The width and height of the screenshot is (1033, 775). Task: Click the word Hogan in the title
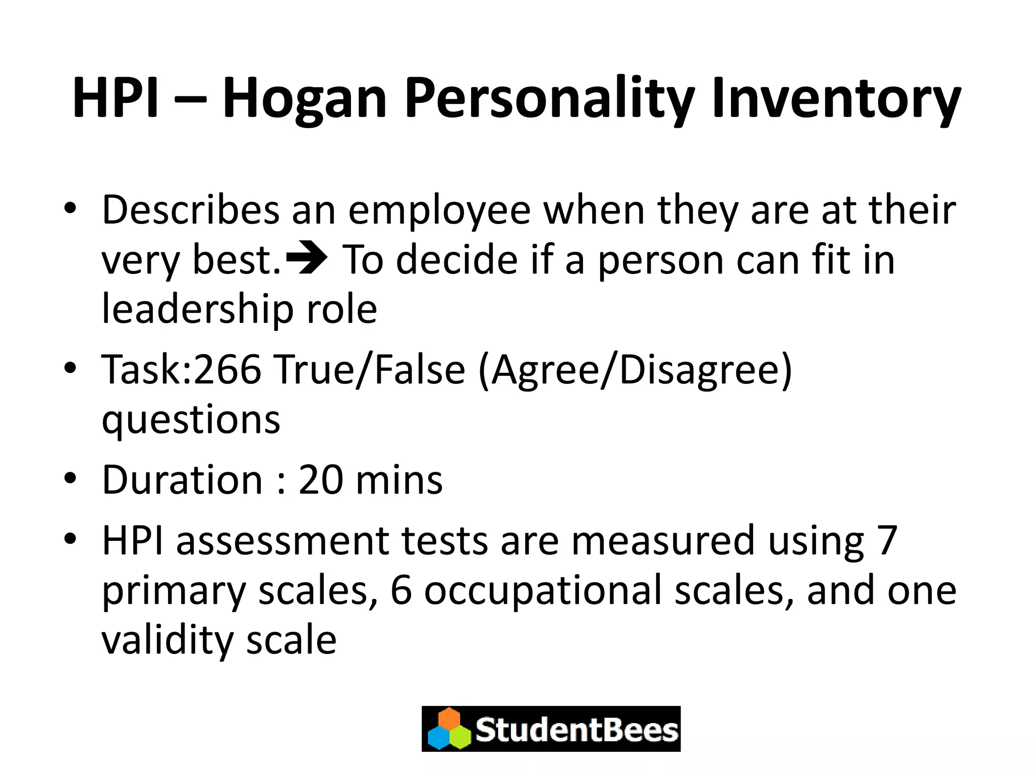point(304,98)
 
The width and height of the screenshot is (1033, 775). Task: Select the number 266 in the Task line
point(227,369)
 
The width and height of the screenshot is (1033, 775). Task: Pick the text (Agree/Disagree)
point(635,370)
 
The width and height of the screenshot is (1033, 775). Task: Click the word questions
point(191,420)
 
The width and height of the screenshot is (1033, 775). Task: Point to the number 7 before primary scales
point(887,540)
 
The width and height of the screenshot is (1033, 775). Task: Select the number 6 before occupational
point(401,590)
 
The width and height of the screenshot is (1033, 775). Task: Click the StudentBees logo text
point(576,730)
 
